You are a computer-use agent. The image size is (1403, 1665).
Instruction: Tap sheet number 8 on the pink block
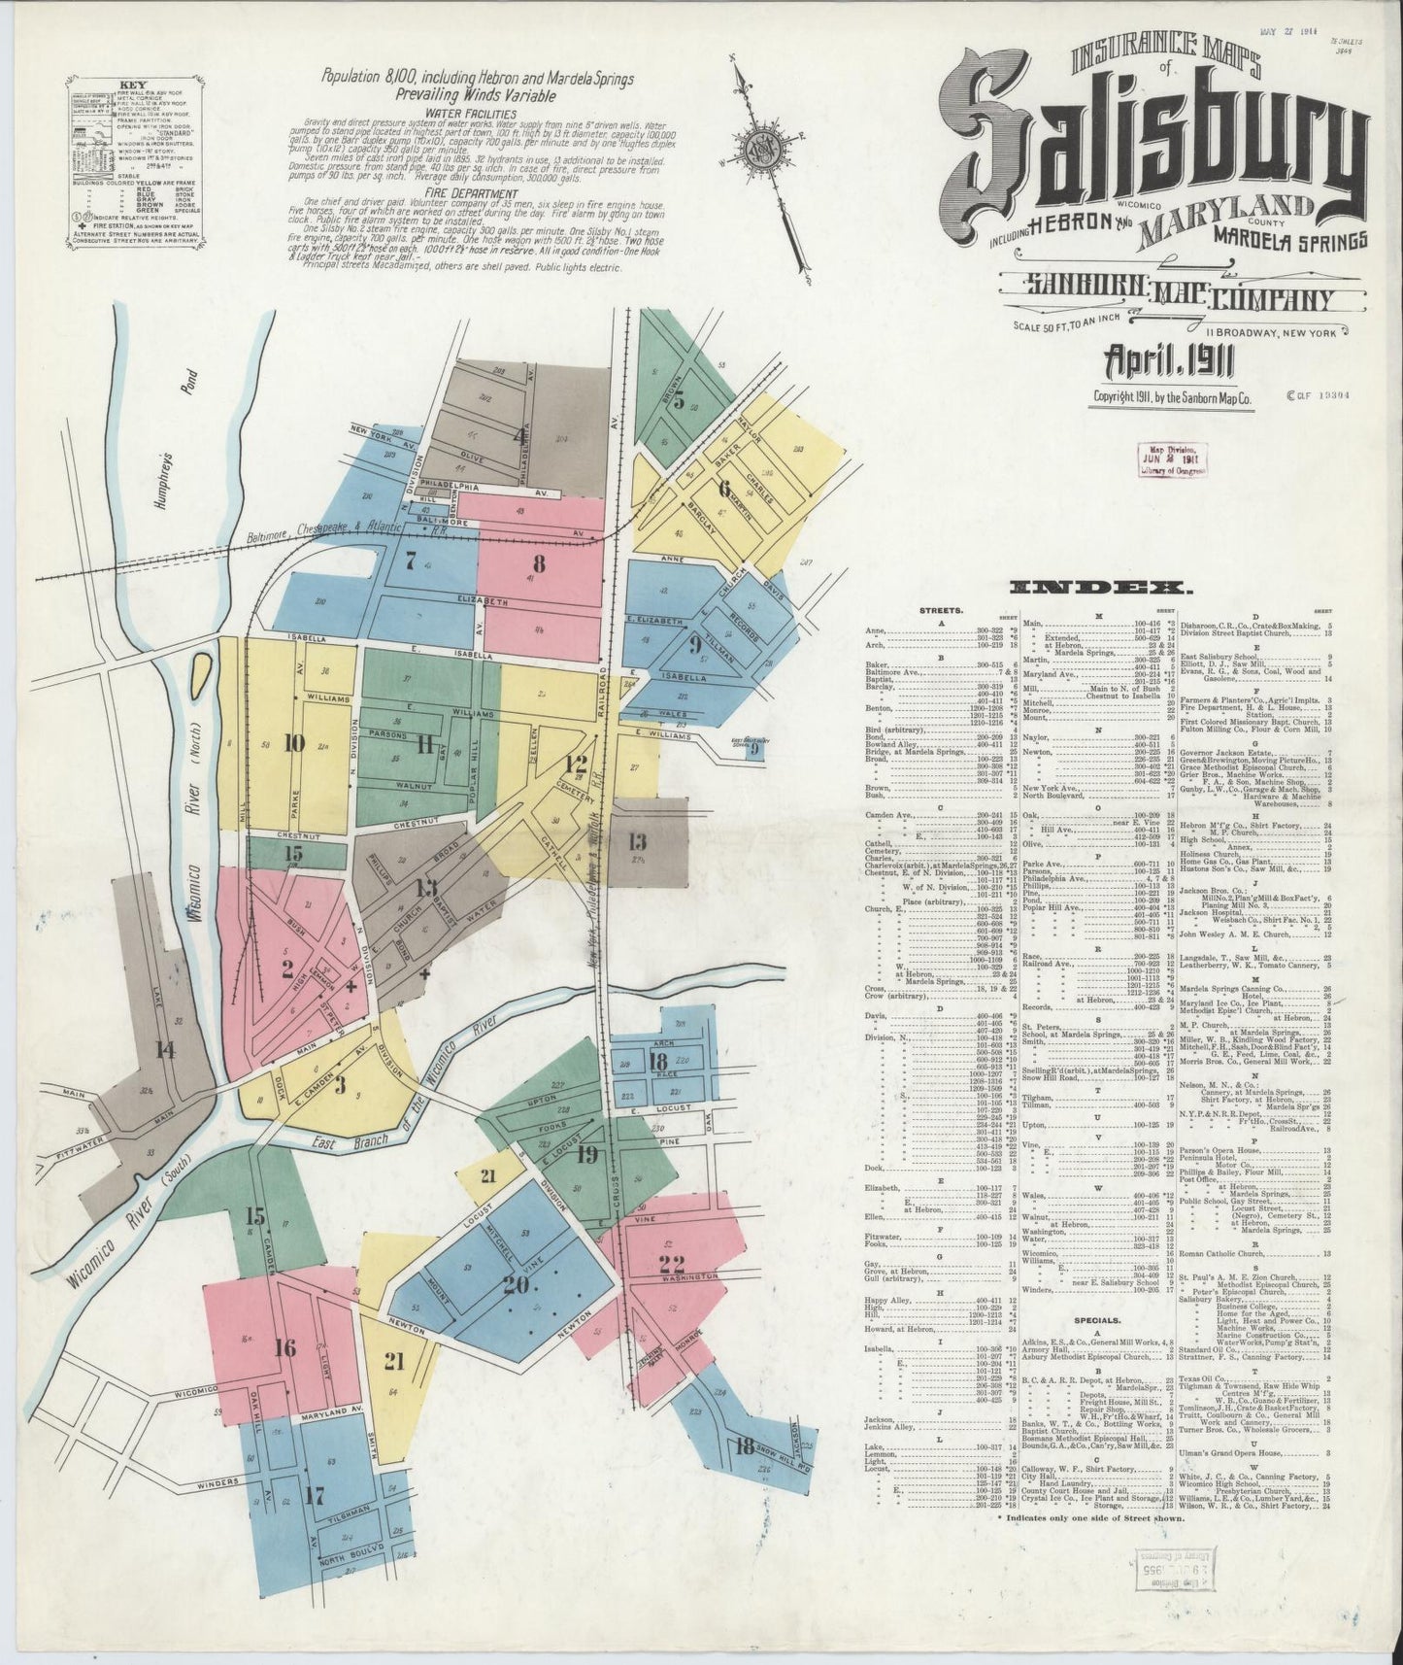coord(538,562)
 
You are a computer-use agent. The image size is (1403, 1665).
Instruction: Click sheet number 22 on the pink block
coord(671,1264)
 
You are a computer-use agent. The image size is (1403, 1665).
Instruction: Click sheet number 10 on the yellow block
coord(294,743)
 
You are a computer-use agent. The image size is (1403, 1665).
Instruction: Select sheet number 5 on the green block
coord(680,400)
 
